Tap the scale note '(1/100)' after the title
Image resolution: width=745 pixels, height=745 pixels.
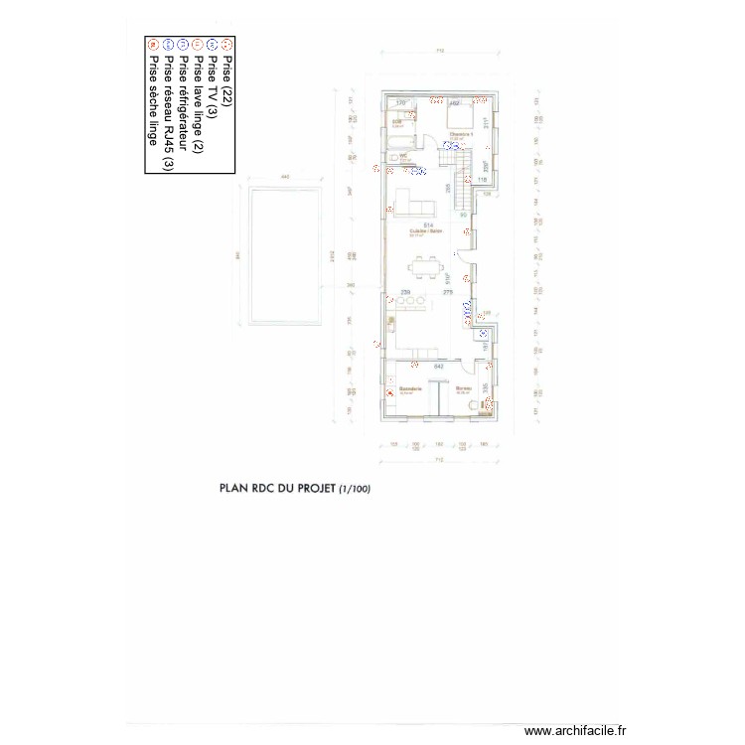355,490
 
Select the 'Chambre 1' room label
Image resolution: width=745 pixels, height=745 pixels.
460,134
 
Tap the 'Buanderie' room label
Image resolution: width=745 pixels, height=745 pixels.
411,388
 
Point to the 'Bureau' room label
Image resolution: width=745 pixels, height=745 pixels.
463,388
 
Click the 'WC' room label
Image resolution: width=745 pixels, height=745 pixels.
403,155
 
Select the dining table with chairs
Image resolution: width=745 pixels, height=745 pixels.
428,265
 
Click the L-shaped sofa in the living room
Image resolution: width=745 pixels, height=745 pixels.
415,204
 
